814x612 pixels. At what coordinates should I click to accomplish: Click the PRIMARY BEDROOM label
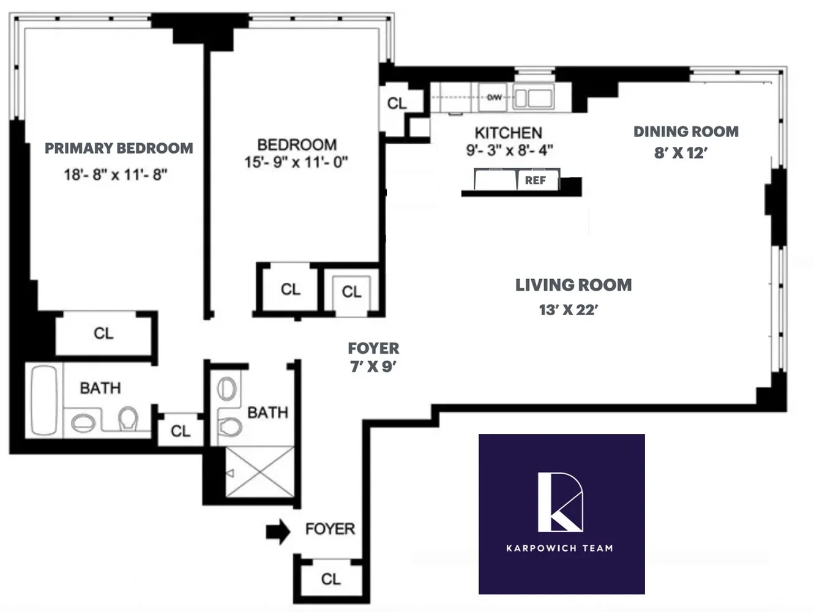tap(119, 148)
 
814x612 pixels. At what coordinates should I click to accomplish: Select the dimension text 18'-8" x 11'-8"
tap(116, 175)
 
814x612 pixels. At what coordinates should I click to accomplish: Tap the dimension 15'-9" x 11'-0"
tap(296, 162)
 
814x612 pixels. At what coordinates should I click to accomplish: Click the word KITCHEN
tap(508, 133)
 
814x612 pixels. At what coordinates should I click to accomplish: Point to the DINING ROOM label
tap(685, 132)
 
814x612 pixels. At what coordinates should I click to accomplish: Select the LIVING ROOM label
tap(573, 285)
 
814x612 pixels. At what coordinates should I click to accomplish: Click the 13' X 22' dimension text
tap(568, 310)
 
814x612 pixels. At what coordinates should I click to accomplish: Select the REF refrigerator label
tap(535, 181)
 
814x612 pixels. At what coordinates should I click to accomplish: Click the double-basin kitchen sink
tap(533, 98)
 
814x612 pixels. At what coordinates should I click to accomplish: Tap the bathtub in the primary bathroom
tap(43, 400)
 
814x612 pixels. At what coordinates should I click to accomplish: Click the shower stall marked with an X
tap(260, 472)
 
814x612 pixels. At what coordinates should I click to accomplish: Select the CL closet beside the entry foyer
tap(330, 579)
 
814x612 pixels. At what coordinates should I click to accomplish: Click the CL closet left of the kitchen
tap(397, 103)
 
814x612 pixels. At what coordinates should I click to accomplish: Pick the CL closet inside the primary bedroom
tap(103, 334)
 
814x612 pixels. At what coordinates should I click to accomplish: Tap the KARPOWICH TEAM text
tap(559, 548)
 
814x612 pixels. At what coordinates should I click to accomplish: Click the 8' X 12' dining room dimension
tap(680, 153)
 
